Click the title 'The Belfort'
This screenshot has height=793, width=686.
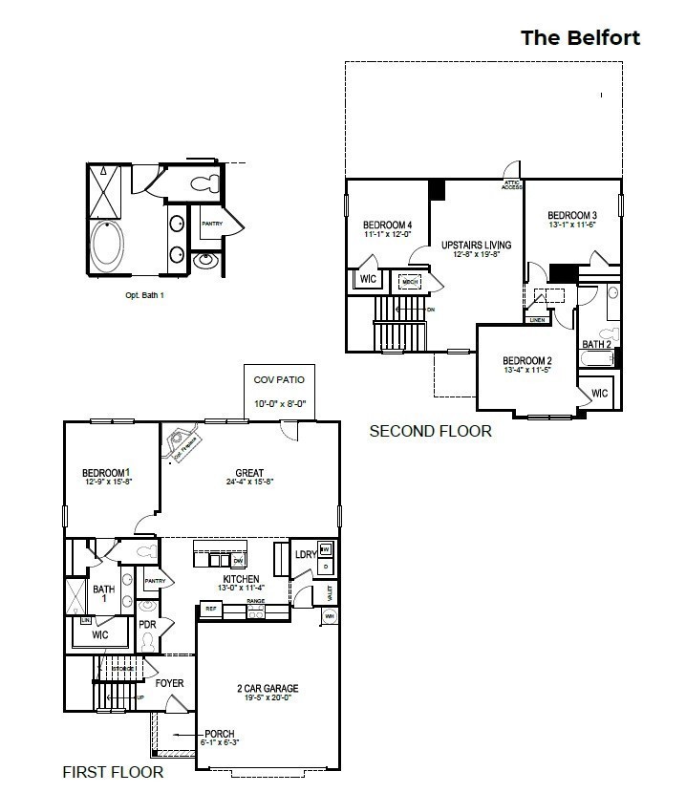[580, 38]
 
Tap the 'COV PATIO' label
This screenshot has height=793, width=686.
[279, 380]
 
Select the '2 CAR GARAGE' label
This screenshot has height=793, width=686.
[268, 688]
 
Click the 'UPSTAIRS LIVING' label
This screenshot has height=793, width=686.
[476, 246]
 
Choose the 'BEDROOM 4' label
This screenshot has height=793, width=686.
[387, 225]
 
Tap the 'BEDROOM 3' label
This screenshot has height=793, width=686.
[572, 215]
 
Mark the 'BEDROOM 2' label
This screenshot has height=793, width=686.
[528, 361]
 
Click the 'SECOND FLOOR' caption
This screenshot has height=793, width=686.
[430, 432]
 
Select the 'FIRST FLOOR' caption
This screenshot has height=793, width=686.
[113, 772]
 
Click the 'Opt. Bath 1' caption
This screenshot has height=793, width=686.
[145, 295]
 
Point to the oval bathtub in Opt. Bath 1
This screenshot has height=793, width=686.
[106, 246]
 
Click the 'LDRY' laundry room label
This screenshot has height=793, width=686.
[306, 555]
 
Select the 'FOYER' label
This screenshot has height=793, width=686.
[169, 683]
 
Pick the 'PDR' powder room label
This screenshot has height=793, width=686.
[147, 625]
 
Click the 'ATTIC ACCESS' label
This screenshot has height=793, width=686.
[512, 184]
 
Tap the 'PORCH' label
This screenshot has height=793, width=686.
[220, 734]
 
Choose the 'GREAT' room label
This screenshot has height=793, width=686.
[249, 473]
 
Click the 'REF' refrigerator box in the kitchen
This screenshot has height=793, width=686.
[209, 608]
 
